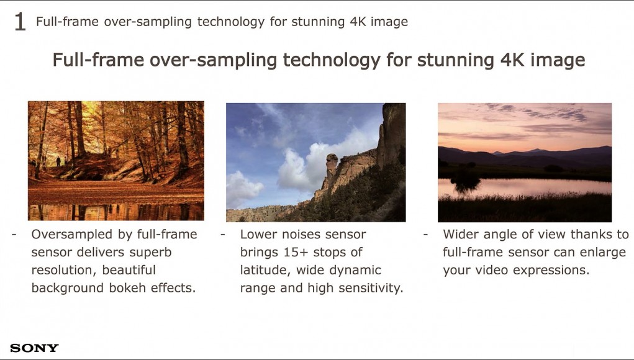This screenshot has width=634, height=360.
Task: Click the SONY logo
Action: pos(34,348)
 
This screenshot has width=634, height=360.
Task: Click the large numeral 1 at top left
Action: pos(20,22)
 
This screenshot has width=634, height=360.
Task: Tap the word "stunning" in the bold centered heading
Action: pos(455,60)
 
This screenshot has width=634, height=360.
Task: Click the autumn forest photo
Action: pos(116,161)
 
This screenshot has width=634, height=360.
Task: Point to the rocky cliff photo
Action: pos(316,163)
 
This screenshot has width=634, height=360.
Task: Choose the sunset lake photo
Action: pos(525,163)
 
